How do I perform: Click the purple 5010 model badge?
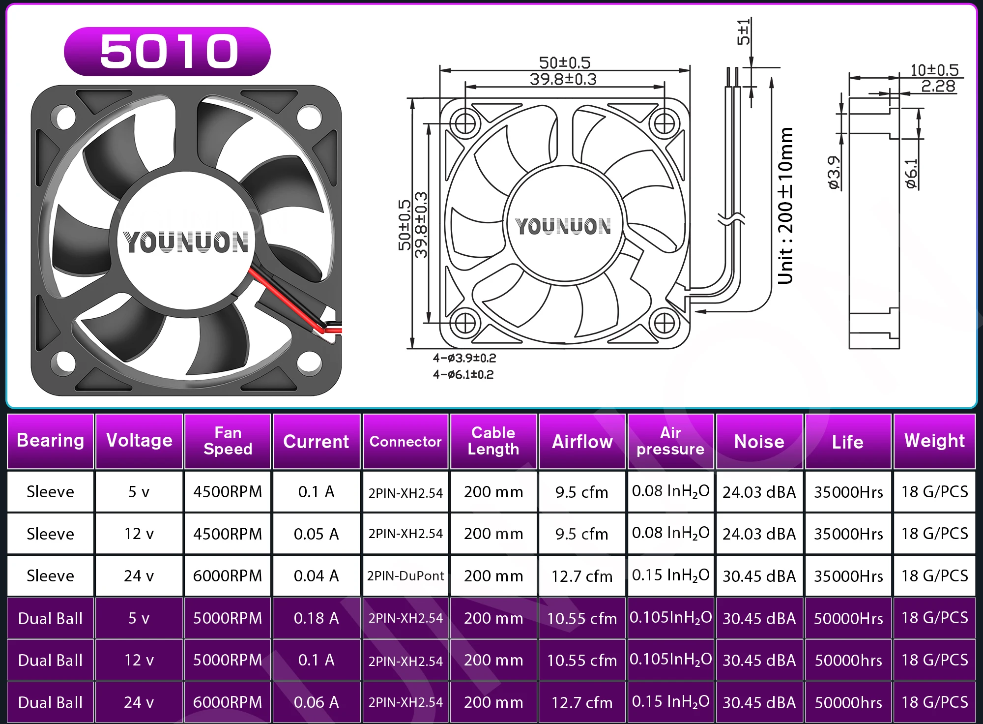(167, 52)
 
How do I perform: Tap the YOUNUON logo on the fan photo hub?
(186, 242)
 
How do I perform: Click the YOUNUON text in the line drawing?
(563, 226)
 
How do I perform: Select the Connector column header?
(405, 441)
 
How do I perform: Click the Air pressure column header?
(670, 441)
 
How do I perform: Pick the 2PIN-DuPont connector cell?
(405, 575)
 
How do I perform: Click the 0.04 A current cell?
(317, 575)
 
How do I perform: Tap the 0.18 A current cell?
(317, 618)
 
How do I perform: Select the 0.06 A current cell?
(317, 702)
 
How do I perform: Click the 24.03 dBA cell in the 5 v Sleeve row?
(759, 492)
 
